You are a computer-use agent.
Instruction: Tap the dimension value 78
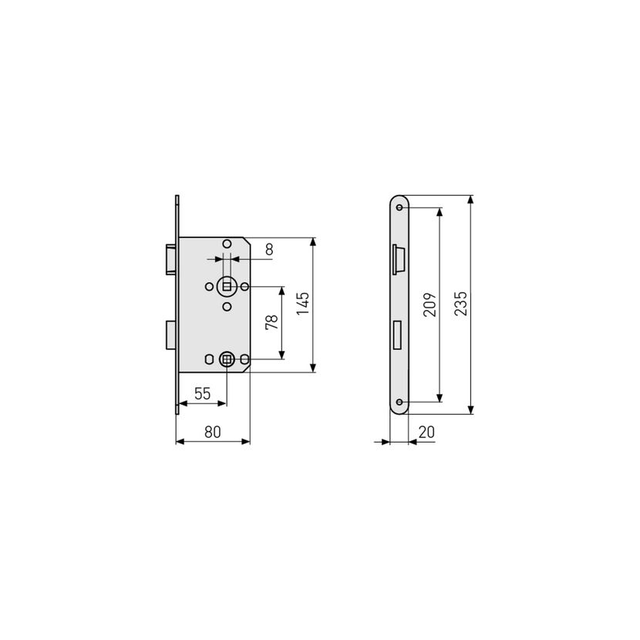[271, 322]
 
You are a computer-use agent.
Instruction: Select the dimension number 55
[203, 393]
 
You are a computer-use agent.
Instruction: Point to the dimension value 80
[213, 432]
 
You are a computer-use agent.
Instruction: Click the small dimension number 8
[269, 249]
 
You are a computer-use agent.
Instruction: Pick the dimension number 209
[429, 304]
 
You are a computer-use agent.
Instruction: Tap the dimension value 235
[460, 303]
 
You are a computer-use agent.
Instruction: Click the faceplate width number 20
[426, 432]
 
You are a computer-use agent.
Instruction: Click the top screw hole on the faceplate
[399, 207]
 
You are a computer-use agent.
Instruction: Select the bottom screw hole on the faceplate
[399, 403]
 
